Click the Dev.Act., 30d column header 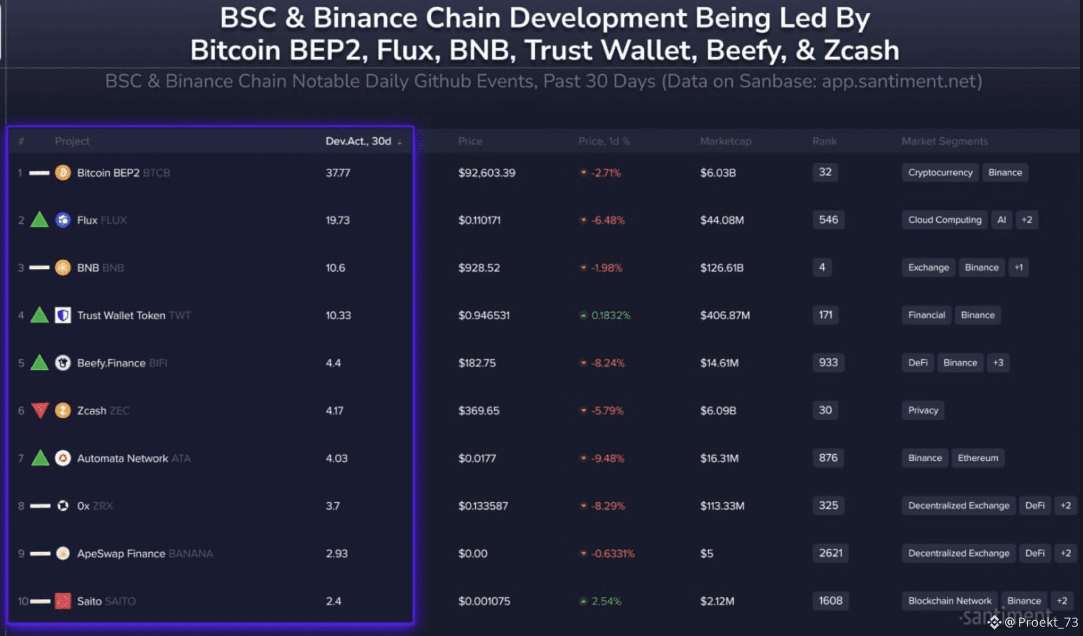[359, 142]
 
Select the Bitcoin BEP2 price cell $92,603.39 [486, 173]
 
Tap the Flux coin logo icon [63, 220]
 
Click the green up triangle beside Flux [40, 220]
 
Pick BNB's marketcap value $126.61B [722, 268]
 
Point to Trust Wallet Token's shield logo [63, 315]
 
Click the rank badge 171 [825, 315]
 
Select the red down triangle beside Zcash [40, 410]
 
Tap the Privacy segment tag [922, 410]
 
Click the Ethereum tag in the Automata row [978, 458]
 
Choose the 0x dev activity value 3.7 [333, 506]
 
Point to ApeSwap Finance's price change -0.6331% [612, 553]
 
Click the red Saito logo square [63, 601]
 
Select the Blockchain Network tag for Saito [949, 600]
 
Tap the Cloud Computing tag [944, 220]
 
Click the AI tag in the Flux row [1001, 220]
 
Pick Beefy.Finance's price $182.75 [477, 363]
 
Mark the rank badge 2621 [830, 553]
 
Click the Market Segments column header [944, 142]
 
